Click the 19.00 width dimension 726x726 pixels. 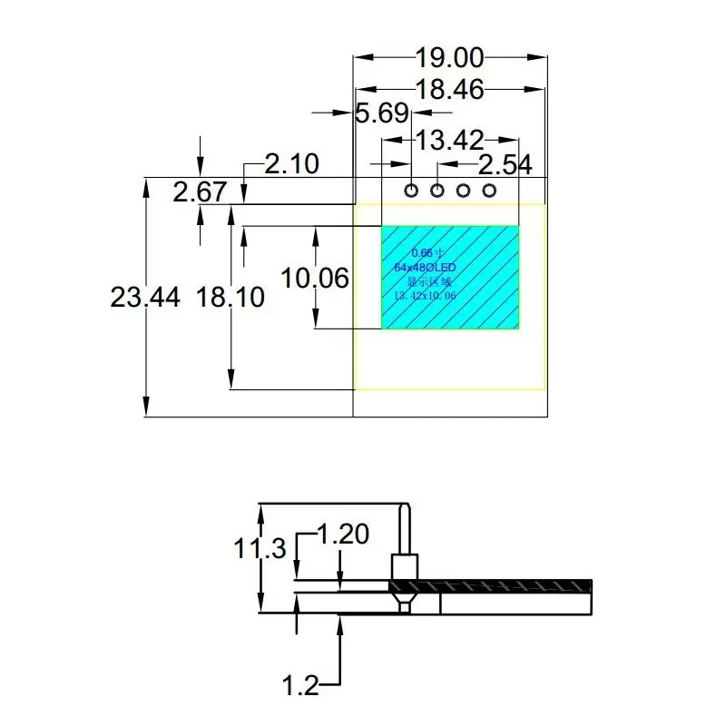pyautogui.click(x=450, y=59)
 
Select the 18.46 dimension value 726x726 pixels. pyautogui.click(x=450, y=89)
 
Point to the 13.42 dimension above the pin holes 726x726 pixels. pyautogui.click(x=449, y=140)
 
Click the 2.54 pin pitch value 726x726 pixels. pyautogui.click(x=505, y=165)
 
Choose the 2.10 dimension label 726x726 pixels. pyautogui.click(x=291, y=164)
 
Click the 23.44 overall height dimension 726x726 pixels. pyautogui.click(x=144, y=297)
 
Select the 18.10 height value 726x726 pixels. pyautogui.click(x=231, y=297)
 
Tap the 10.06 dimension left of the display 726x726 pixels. pyautogui.click(x=315, y=278)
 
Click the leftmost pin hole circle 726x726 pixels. pyautogui.click(x=411, y=191)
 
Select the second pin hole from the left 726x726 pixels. pyautogui.click(x=437, y=191)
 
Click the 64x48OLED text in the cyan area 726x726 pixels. pyautogui.click(x=425, y=268)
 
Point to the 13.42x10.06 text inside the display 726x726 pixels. pyautogui.click(x=425, y=296)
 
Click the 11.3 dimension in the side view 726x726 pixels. pyautogui.click(x=260, y=549)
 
